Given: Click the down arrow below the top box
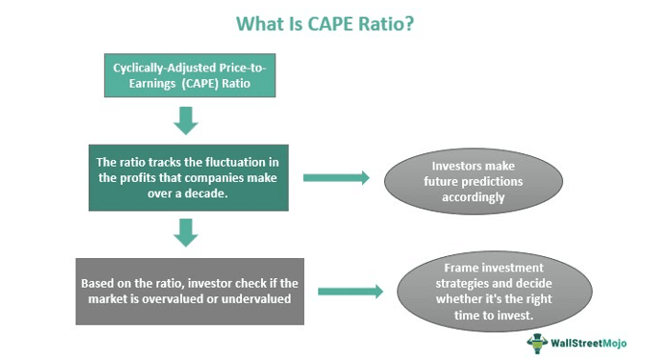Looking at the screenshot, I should click(x=187, y=120).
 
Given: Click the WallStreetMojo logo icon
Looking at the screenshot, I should click(x=536, y=342).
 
